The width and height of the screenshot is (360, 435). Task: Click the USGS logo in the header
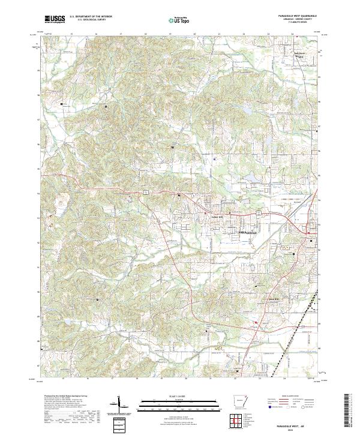coord(55,19)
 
